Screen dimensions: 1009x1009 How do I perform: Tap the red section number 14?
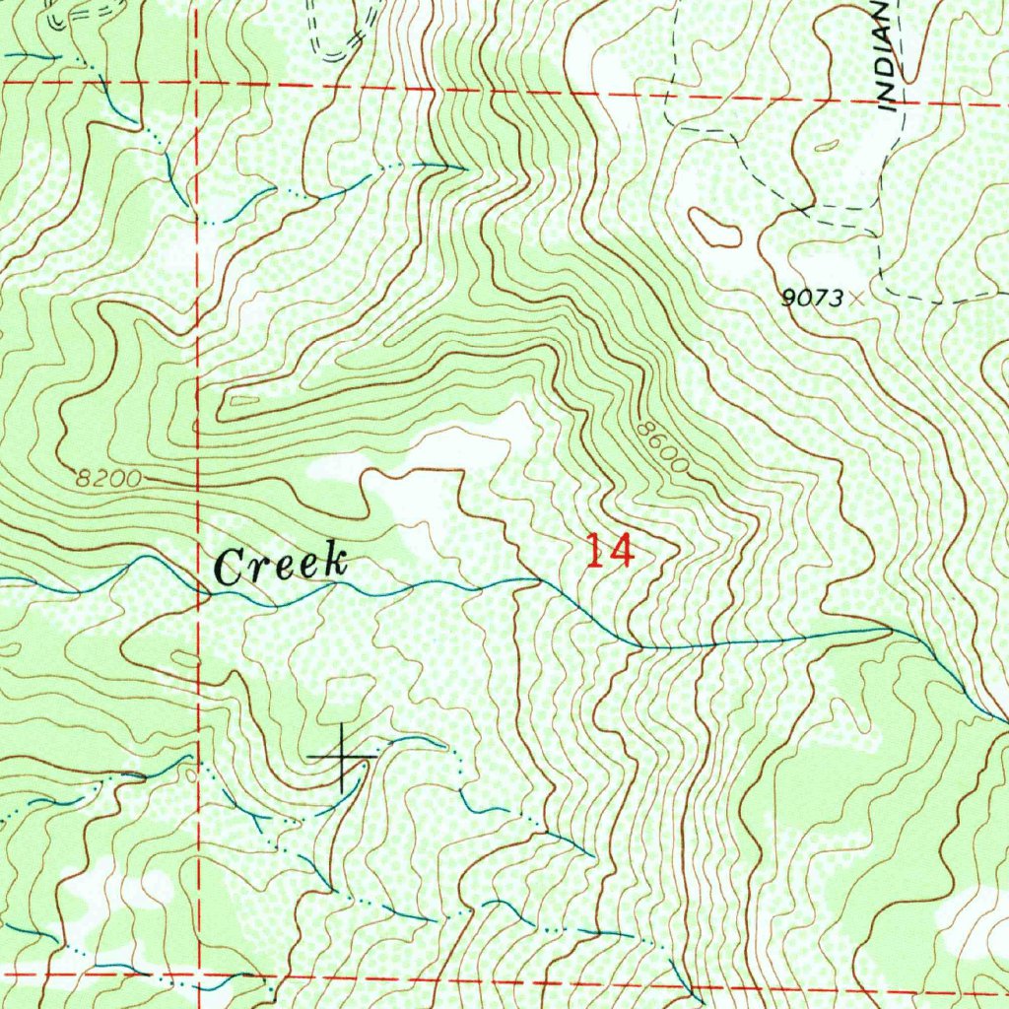click(x=608, y=551)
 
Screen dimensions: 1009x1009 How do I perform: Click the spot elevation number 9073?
click(x=812, y=298)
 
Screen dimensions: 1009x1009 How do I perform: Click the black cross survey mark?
click(x=341, y=757)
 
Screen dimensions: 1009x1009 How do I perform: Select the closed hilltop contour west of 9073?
click(x=714, y=228)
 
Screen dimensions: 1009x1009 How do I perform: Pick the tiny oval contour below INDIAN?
click(x=828, y=146)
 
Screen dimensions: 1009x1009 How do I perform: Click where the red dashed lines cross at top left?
click(x=197, y=85)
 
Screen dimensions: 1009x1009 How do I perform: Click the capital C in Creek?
click(x=228, y=569)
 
